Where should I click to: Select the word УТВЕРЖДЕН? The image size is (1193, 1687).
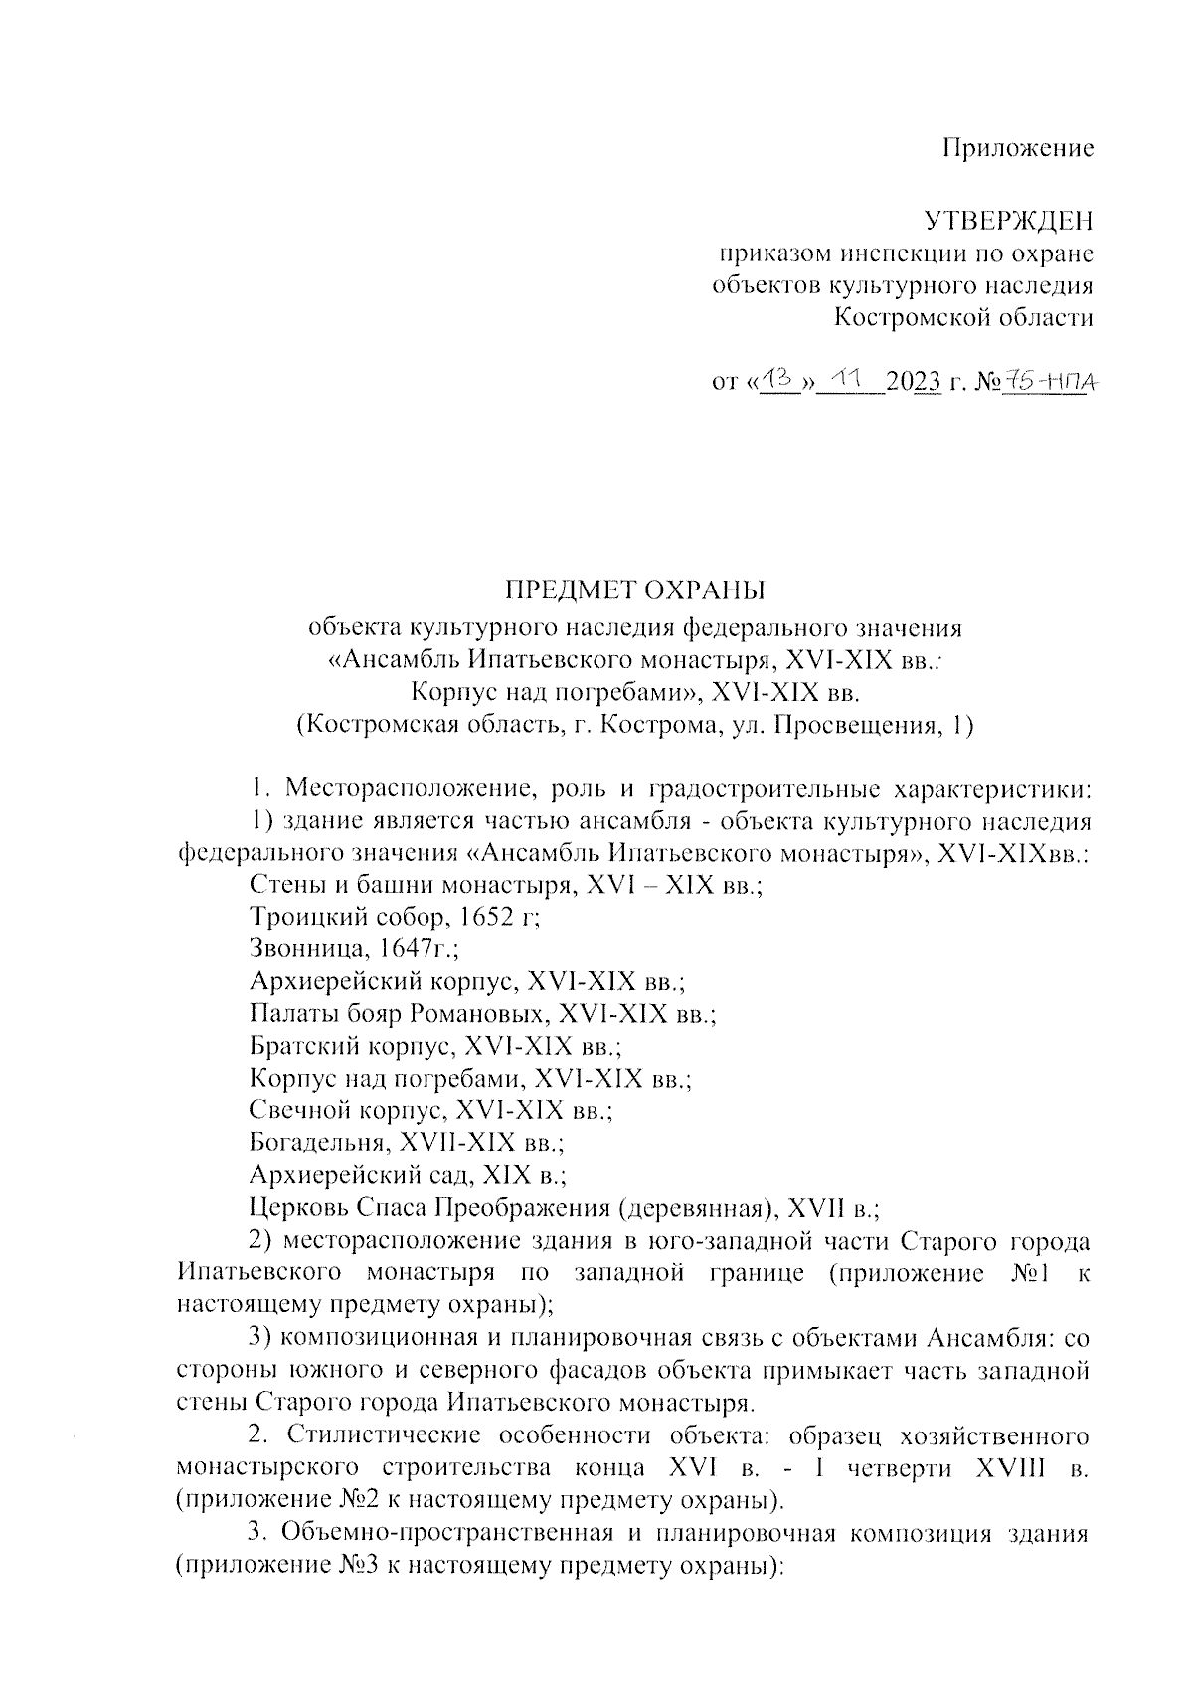tap(1009, 220)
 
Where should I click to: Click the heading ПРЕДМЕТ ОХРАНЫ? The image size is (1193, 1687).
tap(636, 590)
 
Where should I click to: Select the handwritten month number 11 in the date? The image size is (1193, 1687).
tap(848, 379)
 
